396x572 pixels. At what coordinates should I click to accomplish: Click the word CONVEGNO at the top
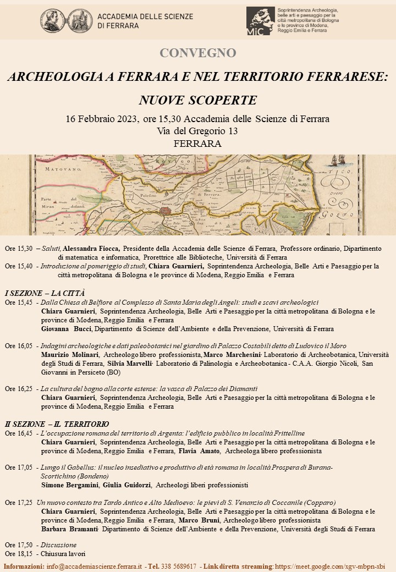pyautogui.click(x=197, y=53)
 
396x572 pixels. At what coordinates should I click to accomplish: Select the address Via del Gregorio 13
pyautogui.click(x=197, y=131)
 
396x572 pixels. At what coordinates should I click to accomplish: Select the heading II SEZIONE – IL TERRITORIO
pyautogui.click(x=57, y=424)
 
